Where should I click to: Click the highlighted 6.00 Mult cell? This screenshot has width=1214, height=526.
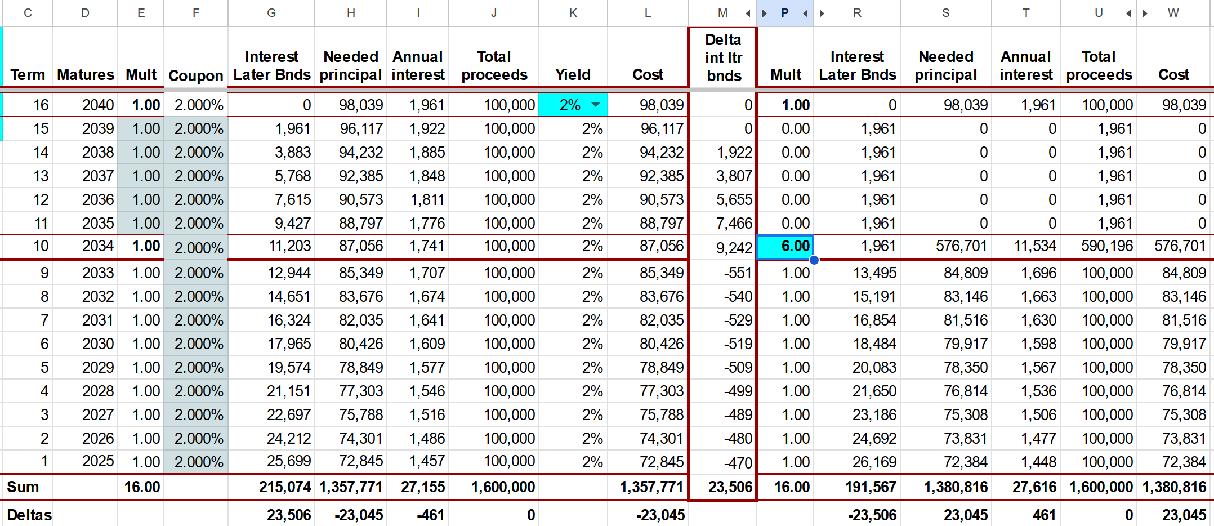click(785, 247)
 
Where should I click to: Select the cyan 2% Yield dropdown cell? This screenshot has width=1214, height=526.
click(573, 105)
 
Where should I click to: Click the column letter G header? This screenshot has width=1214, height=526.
click(271, 12)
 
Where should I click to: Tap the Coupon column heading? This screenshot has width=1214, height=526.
click(196, 75)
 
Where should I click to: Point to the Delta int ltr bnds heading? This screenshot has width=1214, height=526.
click(723, 57)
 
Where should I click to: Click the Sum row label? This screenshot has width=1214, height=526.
click(23, 487)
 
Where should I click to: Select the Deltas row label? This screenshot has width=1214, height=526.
click(29, 515)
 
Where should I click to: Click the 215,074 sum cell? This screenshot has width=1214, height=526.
click(285, 487)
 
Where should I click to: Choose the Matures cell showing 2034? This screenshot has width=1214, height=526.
click(97, 246)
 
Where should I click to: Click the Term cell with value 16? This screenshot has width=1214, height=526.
click(41, 105)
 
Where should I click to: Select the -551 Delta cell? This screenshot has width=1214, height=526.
click(738, 273)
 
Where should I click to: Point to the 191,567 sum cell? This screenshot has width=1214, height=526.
click(871, 487)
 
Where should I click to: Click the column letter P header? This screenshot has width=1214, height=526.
click(784, 12)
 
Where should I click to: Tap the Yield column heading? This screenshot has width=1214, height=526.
click(573, 74)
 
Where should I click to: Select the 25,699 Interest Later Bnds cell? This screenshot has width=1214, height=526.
click(289, 461)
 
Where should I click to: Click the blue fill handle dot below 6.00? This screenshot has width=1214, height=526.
click(814, 260)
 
